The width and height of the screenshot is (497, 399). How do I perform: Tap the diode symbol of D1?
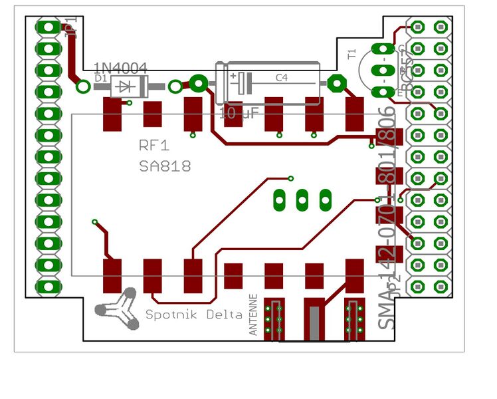tap(129, 86)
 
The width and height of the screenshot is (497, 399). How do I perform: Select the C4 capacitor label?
tap(282, 78)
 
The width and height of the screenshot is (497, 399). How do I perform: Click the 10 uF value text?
tap(240, 113)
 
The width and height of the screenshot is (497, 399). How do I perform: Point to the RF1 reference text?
tap(154, 146)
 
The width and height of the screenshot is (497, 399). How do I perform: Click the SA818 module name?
tap(165, 166)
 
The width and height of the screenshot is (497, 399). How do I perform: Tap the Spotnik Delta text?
tap(193, 315)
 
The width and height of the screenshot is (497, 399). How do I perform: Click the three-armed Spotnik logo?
tap(118, 307)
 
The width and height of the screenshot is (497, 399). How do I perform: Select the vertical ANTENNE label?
tap(253, 314)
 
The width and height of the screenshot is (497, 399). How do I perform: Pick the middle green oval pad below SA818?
tap(302, 198)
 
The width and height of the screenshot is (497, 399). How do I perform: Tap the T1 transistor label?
tap(352, 53)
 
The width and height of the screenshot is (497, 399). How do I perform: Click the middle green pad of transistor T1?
tap(381, 70)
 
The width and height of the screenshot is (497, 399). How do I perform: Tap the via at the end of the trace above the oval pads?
tap(290, 178)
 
